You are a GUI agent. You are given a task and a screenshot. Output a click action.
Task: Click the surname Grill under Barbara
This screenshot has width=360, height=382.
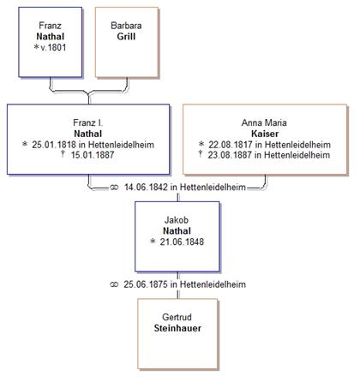[x=126, y=37]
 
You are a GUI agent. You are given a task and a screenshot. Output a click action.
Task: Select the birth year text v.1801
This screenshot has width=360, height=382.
[x=53, y=47]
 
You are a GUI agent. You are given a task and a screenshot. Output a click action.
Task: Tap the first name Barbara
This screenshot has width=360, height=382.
[x=126, y=26]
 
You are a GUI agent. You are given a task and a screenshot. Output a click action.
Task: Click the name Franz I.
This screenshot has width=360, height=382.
[x=88, y=122]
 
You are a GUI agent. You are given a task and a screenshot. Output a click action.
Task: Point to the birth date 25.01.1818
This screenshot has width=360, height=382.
[x=54, y=145]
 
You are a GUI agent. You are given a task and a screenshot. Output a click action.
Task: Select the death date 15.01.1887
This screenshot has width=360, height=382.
[x=93, y=155]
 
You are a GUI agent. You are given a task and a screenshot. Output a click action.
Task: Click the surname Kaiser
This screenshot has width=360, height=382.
[x=265, y=134]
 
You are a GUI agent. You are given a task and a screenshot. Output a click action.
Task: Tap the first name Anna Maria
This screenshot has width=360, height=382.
[x=264, y=122]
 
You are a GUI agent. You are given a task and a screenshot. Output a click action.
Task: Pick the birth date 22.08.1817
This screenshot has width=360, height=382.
[x=231, y=145]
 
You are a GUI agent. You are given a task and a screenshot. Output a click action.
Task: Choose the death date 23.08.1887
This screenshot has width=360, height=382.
[x=230, y=155]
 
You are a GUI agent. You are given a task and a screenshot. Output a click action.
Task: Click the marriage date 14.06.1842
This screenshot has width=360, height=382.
[x=146, y=188]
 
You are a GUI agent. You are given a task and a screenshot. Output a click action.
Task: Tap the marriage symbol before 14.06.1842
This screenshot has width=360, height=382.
[x=114, y=188]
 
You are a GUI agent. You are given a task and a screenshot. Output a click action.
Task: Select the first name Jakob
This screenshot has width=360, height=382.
[x=177, y=220]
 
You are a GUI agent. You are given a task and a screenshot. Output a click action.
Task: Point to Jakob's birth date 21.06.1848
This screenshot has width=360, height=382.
[x=182, y=242]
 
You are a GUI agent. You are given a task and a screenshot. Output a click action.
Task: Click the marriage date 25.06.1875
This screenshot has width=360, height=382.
[x=146, y=284]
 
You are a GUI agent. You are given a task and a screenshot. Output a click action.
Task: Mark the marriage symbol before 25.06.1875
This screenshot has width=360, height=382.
[x=114, y=284]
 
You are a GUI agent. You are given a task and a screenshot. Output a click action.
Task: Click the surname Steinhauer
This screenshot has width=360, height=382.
[x=177, y=328]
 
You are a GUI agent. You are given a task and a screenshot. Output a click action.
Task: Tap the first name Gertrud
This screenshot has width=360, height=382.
[x=177, y=317]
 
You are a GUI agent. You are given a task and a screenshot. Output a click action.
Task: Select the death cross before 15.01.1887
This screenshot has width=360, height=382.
[x=63, y=154]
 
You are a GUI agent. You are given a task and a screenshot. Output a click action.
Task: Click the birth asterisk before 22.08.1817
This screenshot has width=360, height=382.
[x=201, y=144]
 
